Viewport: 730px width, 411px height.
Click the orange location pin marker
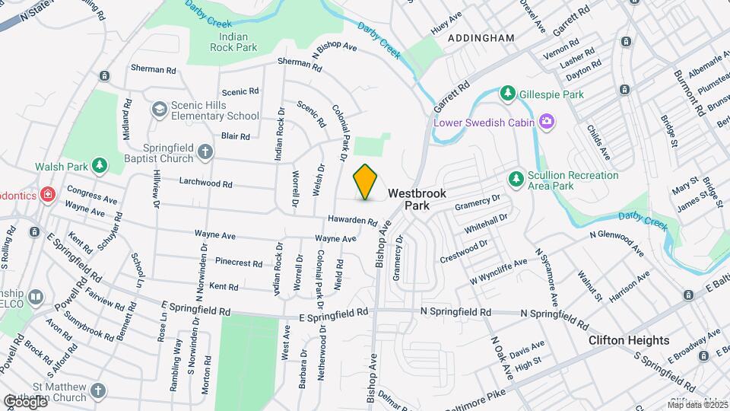point(366,181)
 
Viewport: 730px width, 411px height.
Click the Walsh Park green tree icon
point(99,166)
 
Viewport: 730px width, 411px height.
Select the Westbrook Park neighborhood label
point(417,199)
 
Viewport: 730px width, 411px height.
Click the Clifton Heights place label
point(629,340)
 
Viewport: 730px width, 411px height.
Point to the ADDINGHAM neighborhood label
point(481,37)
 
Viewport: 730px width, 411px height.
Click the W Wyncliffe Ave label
point(498,272)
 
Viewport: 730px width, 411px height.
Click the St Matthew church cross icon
point(97,391)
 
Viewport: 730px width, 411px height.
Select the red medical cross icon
point(48,195)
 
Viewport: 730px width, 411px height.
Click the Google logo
point(25,400)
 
